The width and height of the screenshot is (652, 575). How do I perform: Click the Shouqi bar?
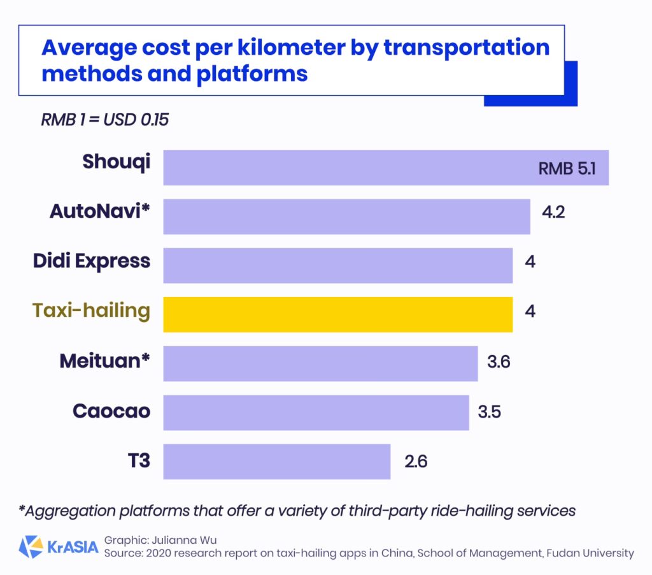click(x=386, y=168)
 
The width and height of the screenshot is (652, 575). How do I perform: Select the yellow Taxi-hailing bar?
click(x=337, y=314)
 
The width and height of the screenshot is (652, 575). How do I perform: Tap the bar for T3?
click(x=276, y=461)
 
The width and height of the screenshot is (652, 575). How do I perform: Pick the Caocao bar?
click(x=316, y=412)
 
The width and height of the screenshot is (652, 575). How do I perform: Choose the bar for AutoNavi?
click(x=346, y=217)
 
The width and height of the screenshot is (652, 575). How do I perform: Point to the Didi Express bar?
click(x=337, y=265)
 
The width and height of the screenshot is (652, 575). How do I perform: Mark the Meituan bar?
click(x=320, y=363)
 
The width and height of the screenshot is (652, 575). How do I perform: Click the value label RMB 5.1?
click(x=567, y=169)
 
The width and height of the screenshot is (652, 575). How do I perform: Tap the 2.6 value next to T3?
click(x=415, y=461)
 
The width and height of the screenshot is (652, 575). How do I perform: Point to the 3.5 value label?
click(x=489, y=412)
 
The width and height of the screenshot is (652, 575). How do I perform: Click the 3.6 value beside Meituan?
click(x=499, y=363)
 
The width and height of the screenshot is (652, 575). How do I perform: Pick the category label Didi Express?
click(x=92, y=261)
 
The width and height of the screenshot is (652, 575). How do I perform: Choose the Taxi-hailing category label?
click(x=91, y=310)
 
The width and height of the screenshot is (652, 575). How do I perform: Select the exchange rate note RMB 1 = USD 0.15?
click(x=104, y=120)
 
